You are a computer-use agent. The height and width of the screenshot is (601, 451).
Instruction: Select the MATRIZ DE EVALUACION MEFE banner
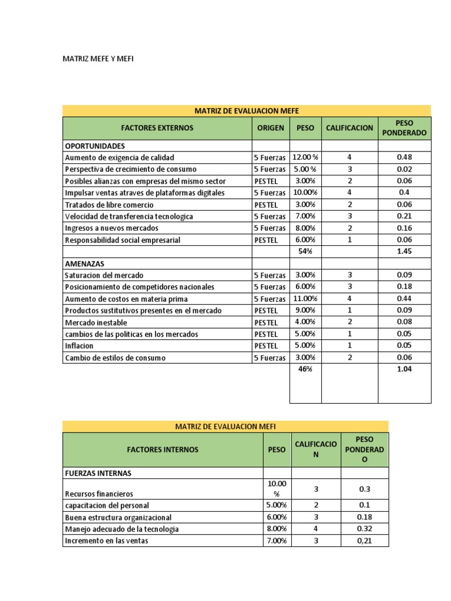247,111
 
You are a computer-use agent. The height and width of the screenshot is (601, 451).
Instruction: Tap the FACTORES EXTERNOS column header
157,128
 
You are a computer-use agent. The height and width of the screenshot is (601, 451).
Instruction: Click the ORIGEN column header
270,128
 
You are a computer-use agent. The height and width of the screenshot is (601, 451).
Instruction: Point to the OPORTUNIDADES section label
95,146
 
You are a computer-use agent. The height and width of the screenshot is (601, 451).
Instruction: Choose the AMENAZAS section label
84,264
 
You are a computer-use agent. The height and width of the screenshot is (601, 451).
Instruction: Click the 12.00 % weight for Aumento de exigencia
305,157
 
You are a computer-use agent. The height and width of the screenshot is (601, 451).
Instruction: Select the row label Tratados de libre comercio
109,204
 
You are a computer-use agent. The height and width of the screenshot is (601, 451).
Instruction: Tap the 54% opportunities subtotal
305,251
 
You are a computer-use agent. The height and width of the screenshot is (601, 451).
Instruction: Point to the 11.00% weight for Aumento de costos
305,299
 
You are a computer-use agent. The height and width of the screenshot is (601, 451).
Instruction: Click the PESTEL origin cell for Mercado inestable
265,322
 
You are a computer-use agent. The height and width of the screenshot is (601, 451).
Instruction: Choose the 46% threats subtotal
305,369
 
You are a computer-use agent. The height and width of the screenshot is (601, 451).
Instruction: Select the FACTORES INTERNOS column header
163,450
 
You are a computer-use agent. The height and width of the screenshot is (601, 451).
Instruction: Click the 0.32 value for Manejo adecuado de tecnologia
365,529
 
